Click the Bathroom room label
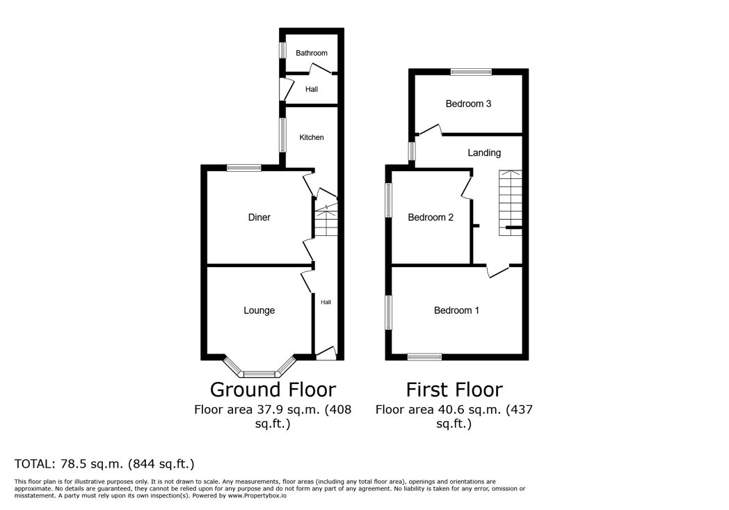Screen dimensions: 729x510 (x=312, y=53)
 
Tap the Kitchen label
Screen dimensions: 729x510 (x=312, y=137)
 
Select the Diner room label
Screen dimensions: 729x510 (x=259, y=217)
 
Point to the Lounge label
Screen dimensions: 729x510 (x=259, y=310)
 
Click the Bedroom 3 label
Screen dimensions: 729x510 (x=468, y=104)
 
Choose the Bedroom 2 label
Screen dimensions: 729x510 (x=431, y=217)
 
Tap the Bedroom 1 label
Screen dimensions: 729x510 (x=456, y=310)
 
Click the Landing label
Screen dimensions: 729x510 (x=484, y=153)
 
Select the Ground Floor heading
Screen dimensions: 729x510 (x=273, y=390)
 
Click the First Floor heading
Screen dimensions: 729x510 (x=454, y=390)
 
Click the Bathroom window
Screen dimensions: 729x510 (x=282, y=51)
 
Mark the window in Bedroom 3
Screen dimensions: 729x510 (x=471, y=72)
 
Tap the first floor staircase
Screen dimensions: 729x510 (x=511, y=202)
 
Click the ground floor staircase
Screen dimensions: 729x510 (x=326, y=219)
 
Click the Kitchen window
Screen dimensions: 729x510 (x=282, y=135)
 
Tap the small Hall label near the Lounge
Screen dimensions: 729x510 (x=326, y=302)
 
